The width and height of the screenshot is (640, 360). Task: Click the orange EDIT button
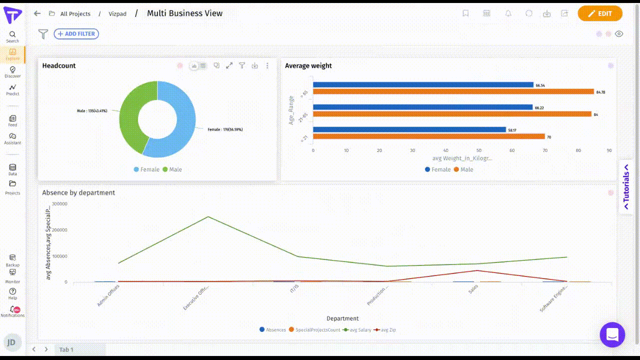600,13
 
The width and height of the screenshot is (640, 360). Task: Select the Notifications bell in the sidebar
12,310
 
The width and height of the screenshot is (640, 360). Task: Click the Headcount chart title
59,65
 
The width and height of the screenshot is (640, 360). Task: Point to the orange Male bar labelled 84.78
453,91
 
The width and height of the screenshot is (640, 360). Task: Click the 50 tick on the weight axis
478,150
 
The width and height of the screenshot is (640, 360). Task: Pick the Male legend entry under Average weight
463,169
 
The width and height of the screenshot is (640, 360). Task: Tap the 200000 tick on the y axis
59,230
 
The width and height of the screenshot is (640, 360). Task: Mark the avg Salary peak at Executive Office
208,216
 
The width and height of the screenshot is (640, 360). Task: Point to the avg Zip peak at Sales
477,270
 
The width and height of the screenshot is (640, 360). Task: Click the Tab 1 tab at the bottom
66,349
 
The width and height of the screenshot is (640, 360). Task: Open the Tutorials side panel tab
626,187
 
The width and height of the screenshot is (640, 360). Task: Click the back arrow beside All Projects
37,13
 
